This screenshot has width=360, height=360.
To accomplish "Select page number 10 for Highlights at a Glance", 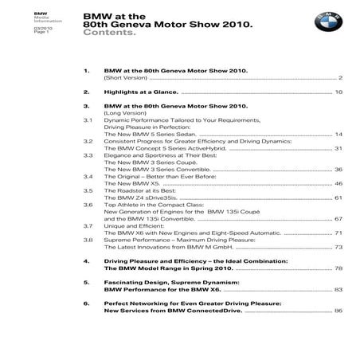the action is point(338,92).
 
